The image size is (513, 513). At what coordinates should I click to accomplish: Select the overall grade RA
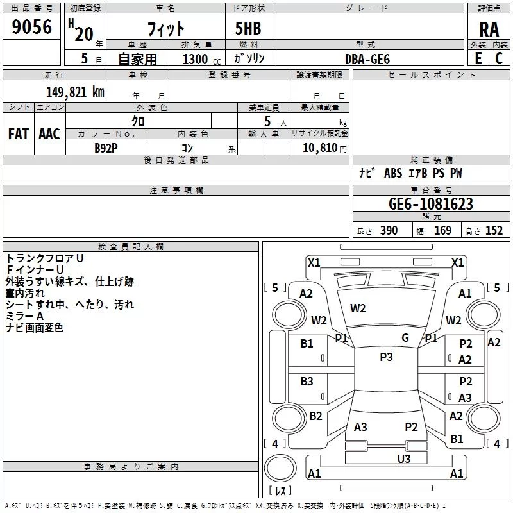pyautogui.click(x=489, y=29)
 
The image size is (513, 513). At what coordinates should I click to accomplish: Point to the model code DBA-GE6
pyautogui.click(x=367, y=59)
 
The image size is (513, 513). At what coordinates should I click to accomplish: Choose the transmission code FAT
pyautogui.click(x=18, y=134)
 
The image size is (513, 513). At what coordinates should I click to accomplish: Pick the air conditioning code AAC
pyautogui.click(x=49, y=134)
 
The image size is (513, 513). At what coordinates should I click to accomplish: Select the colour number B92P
pyautogui.click(x=106, y=147)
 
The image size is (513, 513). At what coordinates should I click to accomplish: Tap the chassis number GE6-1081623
pyautogui.click(x=431, y=205)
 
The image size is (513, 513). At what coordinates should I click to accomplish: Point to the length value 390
pyautogui.click(x=389, y=231)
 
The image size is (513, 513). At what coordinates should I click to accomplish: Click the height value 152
pyautogui.click(x=494, y=231)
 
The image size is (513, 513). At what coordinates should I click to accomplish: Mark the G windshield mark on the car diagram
pyautogui.click(x=405, y=338)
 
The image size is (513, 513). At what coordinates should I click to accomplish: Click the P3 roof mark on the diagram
pyautogui.click(x=386, y=357)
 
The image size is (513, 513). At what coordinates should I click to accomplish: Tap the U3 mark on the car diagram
pyautogui.click(x=403, y=458)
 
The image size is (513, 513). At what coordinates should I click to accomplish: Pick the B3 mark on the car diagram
pyautogui.click(x=307, y=382)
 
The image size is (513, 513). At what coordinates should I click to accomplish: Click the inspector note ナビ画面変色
pyautogui.click(x=35, y=328)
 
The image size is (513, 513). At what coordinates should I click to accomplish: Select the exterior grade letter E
pyautogui.click(x=478, y=58)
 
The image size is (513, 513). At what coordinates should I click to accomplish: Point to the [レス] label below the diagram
pyautogui.click(x=280, y=491)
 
